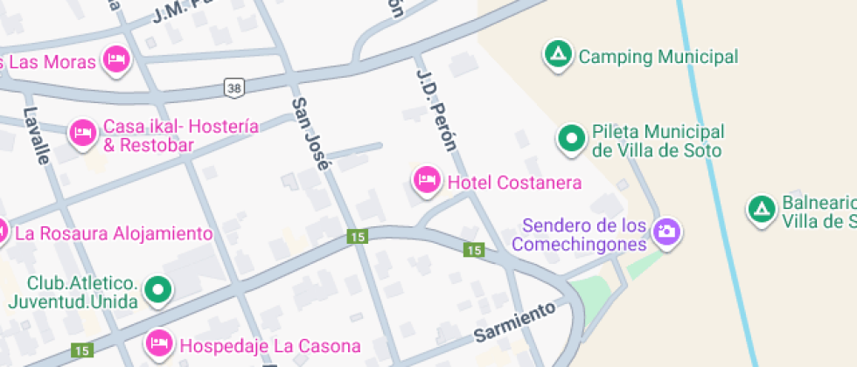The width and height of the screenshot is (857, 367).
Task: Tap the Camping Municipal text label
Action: tap(658, 58)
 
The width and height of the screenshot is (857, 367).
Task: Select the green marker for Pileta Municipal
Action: tap(572, 138)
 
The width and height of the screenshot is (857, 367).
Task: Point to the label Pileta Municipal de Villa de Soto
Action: tap(658, 142)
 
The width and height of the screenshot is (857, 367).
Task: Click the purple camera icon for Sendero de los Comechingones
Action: tap(667, 232)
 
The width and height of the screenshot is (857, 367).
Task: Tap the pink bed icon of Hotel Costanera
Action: tap(427, 180)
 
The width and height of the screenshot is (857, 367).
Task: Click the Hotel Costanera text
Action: tap(514, 183)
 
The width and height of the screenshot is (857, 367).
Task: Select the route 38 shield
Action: tap(233, 87)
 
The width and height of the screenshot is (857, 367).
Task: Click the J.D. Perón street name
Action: tap(436, 109)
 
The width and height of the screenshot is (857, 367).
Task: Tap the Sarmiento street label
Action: tap(515, 322)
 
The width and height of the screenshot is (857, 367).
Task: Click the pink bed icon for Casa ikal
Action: tap(83, 133)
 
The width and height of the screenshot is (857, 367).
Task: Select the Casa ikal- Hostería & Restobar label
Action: tap(181, 136)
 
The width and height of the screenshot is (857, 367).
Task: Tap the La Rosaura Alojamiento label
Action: tap(114, 233)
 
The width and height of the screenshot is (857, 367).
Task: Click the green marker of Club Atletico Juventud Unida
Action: tap(158, 289)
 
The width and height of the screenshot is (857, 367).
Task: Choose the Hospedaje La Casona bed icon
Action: tap(159, 342)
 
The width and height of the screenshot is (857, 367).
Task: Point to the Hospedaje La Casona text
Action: tap(270, 344)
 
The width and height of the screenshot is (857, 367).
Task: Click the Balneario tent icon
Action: tap(761, 208)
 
